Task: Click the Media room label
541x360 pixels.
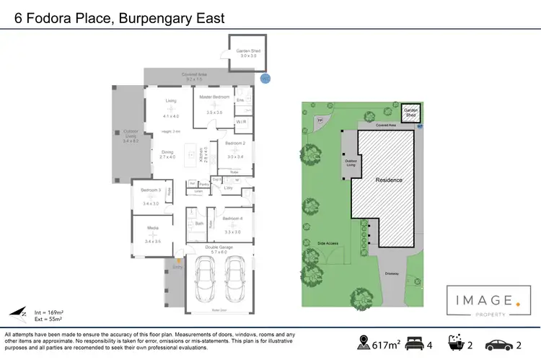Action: [x=153, y=229]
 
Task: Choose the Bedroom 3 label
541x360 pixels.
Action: [x=151, y=190]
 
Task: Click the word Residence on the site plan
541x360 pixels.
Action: [x=388, y=179]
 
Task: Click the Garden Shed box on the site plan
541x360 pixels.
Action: [x=410, y=112]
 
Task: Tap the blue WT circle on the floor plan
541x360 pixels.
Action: [x=264, y=78]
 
